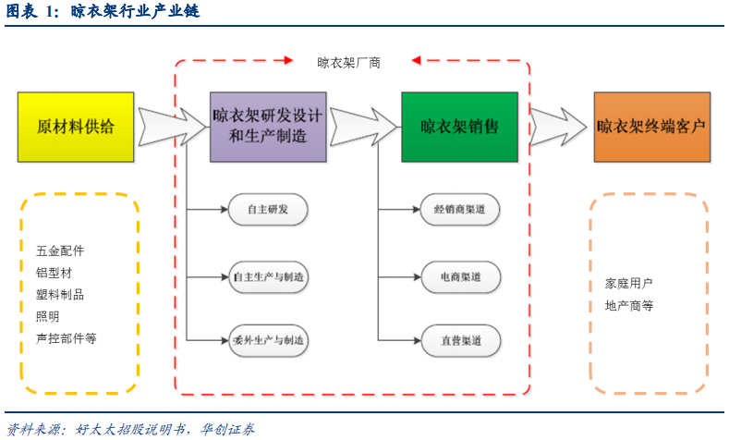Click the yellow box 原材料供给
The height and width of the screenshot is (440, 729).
tap(77, 127)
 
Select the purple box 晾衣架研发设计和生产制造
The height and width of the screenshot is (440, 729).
tap(267, 127)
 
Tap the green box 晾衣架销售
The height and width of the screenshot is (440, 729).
tap(459, 127)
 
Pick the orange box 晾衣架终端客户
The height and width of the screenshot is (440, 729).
tap(652, 127)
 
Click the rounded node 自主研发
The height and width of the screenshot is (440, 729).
tap(268, 211)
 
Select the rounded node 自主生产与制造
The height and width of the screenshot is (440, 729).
tap(268, 276)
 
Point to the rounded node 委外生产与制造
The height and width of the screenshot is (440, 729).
tap(268, 341)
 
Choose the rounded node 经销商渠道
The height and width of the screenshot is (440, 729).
tap(459, 211)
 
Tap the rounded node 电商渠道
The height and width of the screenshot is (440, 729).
tap(459, 276)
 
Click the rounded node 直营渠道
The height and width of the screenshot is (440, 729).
tap(459, 341)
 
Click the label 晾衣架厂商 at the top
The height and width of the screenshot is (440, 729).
tap(348, 63)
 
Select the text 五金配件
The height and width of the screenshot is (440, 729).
tap(60, 251)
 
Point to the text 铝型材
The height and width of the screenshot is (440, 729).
tap(54, 273)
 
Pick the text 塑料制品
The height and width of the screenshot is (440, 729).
tap(60, 295)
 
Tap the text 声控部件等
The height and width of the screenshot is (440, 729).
tap(66, 338)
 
